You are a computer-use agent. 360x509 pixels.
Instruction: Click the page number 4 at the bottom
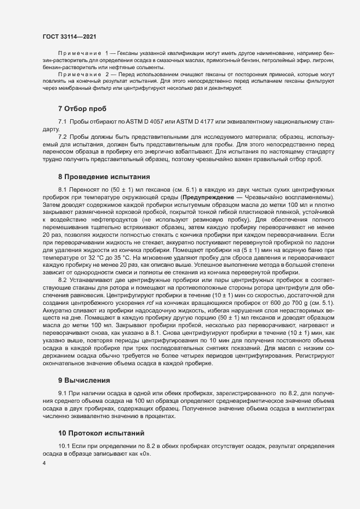(44, 464)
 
